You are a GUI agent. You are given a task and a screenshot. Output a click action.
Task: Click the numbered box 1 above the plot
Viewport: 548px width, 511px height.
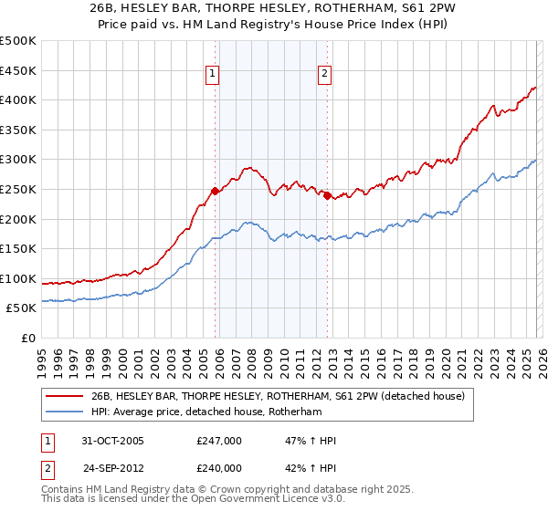212,75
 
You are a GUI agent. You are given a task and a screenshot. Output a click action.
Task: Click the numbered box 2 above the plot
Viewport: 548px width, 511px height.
324,75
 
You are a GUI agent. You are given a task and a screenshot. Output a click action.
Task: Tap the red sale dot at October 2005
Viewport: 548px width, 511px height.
216,191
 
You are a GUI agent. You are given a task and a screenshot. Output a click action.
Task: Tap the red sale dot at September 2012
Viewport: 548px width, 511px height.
327,194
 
